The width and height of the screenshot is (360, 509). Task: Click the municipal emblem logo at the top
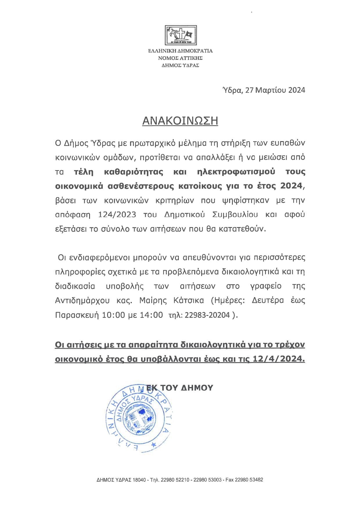(181, 35)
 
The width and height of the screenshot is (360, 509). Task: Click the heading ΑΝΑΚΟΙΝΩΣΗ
(180, 121)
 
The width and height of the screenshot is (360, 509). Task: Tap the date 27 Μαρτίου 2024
(275, 90)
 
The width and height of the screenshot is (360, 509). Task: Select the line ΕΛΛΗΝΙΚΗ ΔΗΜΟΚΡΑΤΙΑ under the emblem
(180, 51)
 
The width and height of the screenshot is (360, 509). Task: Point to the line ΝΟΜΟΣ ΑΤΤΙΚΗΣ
(180, 58)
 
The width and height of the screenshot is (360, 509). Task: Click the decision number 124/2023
(117, 215)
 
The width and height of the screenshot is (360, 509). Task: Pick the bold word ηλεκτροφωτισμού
(236, 172)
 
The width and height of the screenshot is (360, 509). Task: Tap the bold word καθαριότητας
(133, 172)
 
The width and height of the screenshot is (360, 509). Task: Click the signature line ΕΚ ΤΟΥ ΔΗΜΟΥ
(180, 388)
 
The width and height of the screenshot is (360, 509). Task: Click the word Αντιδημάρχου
(82, 300)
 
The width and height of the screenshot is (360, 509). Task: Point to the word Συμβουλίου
(235, 215)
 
